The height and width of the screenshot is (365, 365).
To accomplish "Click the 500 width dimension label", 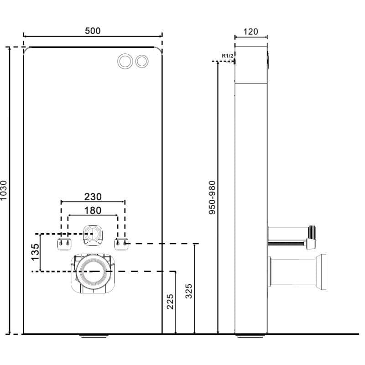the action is [x=93, y=31].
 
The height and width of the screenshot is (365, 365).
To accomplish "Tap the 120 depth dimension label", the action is [x=250, y=31].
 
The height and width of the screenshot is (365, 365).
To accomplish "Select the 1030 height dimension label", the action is [x=4, y=190].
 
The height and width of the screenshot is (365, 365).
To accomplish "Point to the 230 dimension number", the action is [x=93, y=197].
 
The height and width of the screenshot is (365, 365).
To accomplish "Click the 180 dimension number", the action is [x=93, y=210].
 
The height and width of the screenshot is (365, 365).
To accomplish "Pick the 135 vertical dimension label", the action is [x=35, y=252].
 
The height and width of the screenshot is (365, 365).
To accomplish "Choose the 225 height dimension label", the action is [x=170, y=302].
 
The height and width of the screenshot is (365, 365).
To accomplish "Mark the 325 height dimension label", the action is [x=189, y=291].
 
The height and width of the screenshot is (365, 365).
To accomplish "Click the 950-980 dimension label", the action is [x=212, y=198].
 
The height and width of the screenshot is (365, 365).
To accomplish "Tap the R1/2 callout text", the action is [x=227, y=56].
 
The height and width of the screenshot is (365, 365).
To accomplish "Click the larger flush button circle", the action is [x=125, y=61].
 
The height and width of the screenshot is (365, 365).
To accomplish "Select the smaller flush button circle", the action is [x=142, y=61].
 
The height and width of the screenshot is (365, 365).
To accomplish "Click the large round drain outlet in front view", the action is [x=93, y=271].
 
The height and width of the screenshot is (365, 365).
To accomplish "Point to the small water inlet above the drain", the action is [x=93, y=234].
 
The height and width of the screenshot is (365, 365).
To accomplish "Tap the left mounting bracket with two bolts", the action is [x=64, y=244].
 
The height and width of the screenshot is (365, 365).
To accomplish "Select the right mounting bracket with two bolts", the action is [x=121, y=244].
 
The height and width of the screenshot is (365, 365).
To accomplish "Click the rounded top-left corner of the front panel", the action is [x=26, y=49].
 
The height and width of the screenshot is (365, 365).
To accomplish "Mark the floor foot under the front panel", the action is [x=94, y=336].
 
